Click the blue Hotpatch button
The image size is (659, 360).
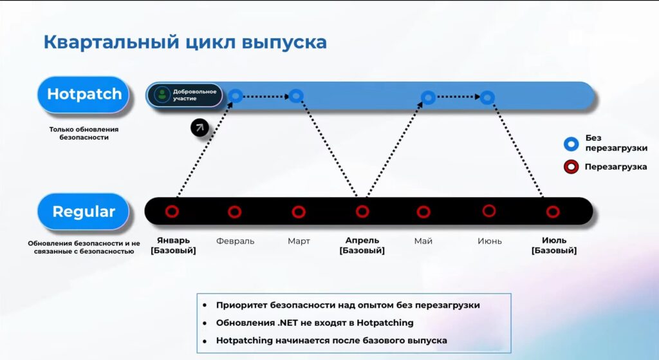[x=84, y=94]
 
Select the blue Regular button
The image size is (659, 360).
[x=84, y=211]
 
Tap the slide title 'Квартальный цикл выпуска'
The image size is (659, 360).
[x=185, y=43]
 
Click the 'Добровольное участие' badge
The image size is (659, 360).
[x=185, y=95]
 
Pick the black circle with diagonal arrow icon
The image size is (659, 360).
[x=200, y=128]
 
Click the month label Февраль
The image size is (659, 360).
[x=236, y=241]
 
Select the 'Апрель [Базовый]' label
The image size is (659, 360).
[x=362, y=245]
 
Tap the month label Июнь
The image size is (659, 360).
[x=490, y=241]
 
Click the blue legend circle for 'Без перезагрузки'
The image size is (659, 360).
[x=571, y=144]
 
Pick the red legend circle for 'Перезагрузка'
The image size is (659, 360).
[x=571, y=167]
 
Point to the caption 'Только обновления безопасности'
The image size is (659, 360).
[x=84, y=133]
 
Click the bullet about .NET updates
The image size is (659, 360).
[x=315, y=323]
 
